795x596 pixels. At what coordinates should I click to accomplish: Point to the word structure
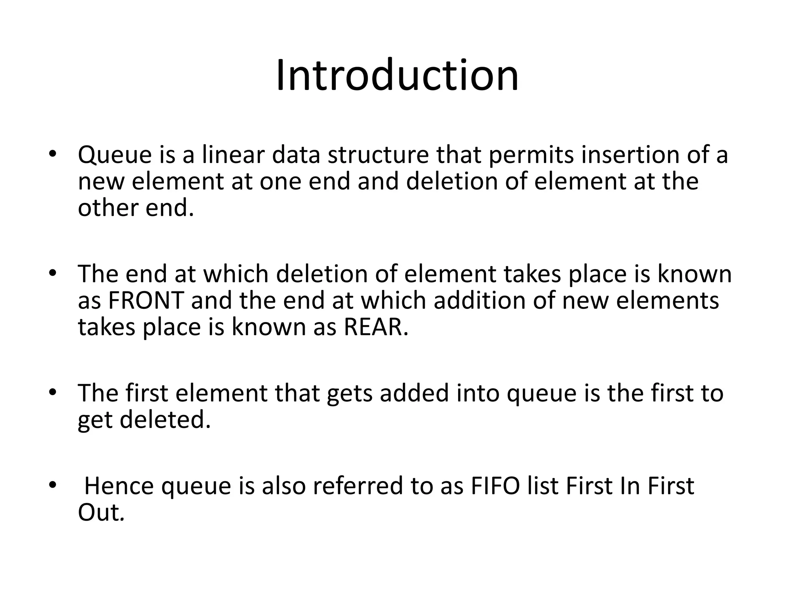[378, 154]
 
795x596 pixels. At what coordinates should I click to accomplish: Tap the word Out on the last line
[100, 513]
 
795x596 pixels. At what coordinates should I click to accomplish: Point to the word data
[296, 154]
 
